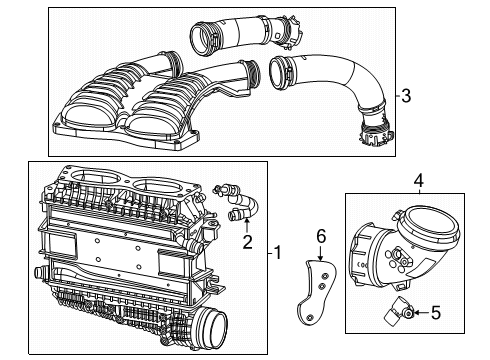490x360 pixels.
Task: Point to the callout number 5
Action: click(x=449, y=313)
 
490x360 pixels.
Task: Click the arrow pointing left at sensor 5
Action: click(x=432, y=313)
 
